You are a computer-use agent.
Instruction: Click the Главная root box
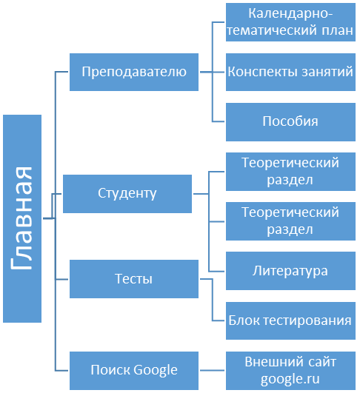tap(22, 218)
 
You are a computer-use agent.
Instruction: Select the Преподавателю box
tap(134, 72)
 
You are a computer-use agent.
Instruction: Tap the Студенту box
tap(127, 194)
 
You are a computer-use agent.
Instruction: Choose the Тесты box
tap(134, 279)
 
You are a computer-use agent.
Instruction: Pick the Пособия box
tap(290, 122)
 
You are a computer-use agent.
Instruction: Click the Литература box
tap(290, 271)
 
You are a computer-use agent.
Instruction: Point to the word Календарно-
tap(290, 13)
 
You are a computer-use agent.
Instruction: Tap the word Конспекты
tap(263, 72)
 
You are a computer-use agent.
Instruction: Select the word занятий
tap(327, 72)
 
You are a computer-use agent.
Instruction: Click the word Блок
tap(244, 320)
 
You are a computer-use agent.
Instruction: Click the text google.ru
tap(290, 379)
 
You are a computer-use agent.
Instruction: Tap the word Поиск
tap(110, 370)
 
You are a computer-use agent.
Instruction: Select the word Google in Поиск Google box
tap(156, 371)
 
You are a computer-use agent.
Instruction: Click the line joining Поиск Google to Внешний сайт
tap(213, 370)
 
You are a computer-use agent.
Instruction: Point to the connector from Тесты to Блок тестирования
tap(213, 300)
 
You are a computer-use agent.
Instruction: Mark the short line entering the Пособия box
tap(219, 122)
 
